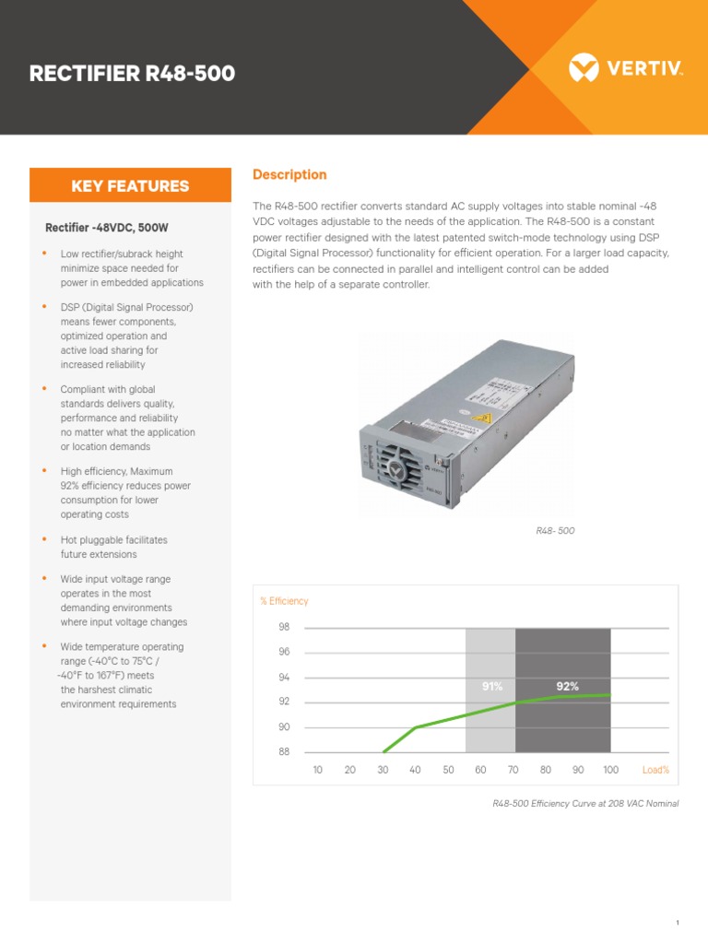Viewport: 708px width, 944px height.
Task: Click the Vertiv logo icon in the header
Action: coord(584,67)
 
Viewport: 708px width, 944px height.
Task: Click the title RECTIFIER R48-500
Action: coord(132,74)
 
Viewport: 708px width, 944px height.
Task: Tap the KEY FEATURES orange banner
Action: coord(130,185)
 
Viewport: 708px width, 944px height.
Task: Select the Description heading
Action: coord(289,174)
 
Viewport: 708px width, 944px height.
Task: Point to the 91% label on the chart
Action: coord(491,687)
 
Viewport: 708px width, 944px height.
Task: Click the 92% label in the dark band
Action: coord(567,687)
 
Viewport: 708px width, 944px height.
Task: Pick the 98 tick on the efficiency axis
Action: coord(284,627)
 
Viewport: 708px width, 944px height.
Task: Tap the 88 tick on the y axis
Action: coord(284,752)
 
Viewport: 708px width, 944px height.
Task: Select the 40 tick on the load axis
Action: coord(415,770)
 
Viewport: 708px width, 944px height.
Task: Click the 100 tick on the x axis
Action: coord(610,770)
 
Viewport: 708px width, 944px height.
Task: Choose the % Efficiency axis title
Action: coord(284,601)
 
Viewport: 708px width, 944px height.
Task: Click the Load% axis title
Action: coord(655,770)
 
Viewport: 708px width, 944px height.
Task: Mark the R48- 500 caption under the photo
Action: coord(555,532)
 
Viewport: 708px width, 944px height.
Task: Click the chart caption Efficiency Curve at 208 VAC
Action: coord(585,804)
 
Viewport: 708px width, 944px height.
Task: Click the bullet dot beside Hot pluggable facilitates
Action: coord(43,539)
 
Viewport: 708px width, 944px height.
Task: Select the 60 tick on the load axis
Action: coord(480,770)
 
